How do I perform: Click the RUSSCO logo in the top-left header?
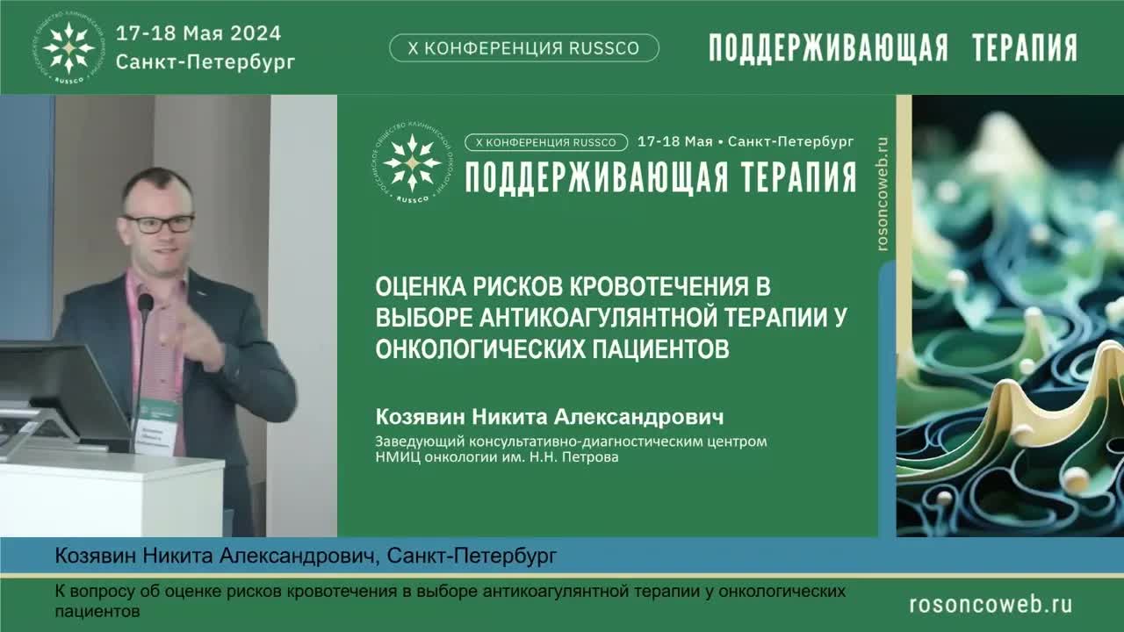pyautogui.click(x=71, y=47)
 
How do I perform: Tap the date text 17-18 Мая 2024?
pyautogui.click(x=198, y=33)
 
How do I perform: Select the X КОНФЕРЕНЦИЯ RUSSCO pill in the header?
pyautogui.click(x=523, y=48)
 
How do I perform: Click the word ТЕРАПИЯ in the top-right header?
pyautogui.click(x=1025, y=48)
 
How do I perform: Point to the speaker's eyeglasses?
pyautogui.click(x=159, y=224)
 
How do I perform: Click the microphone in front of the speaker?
pyautogui.click(x=145, y=304)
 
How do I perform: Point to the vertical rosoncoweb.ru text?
pyautogui.click(x=883, y=193)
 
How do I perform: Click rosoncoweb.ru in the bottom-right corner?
pyautogui.click(x=991, y=605)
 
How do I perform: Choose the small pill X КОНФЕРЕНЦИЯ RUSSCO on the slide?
pyautogui.click(x=545, y=142)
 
